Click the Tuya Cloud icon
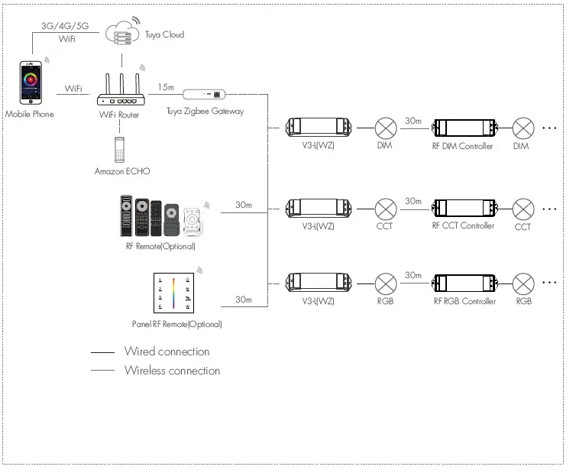click(122, 32)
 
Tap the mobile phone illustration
click(31, 83)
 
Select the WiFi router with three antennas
click(121, 89)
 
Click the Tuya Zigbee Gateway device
click(204, 94)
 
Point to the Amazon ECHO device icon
click(119, 150)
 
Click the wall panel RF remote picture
click(173, 293)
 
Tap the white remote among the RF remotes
click(192, 222)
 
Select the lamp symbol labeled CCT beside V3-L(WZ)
click(386, 209)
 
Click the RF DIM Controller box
click(464, 128)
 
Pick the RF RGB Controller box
click(464, 283)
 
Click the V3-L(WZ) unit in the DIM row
click(319, 127)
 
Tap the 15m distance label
click(166, 87)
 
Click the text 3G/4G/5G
click(65, 26)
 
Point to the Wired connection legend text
click(167, 352)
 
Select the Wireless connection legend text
click(173, 371)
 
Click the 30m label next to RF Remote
click(244, 205)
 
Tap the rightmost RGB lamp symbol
click(523, 283)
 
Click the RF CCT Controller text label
click(463, 225)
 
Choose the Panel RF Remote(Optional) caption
click(176, 324)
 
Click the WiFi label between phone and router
click(73, 88)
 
